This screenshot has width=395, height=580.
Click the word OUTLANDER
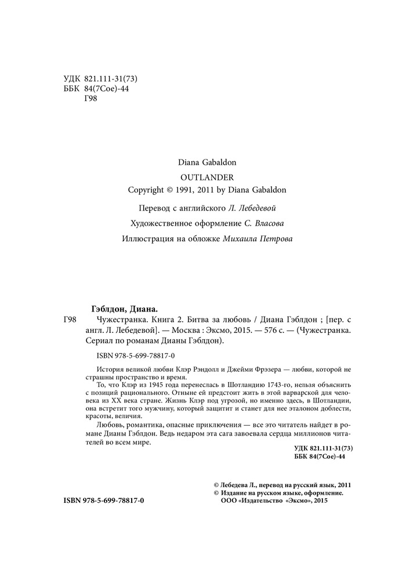pyautogui.click(x=197, y=176)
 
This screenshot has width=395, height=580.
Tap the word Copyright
pyautogui.click(x=147, y=189)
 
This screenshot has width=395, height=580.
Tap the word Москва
pyautogui.click(x=191, y=331)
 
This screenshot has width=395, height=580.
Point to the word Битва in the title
pyautogui.click(x=187, y=320)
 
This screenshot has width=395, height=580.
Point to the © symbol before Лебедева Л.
pyautogui.click(x=217, y=485)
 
